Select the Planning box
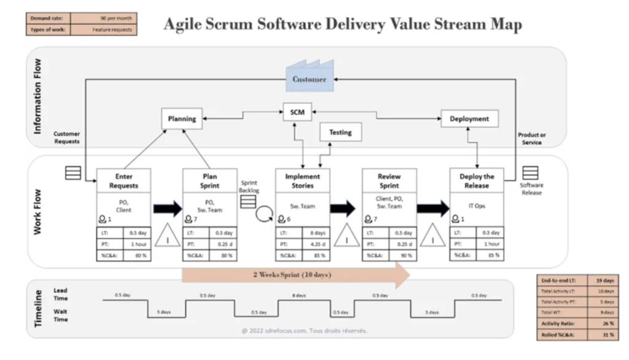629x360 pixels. pos(182,119)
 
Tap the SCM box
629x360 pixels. pos(297,112)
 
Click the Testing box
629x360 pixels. pos(340,132)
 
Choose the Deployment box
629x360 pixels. pos(469,119)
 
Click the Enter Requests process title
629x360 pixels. pos(123,181)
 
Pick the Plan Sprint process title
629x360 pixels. pos(209,181)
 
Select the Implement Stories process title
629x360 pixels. pos(302,181)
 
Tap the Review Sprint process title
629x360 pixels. pos(388,181)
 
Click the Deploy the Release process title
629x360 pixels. pos(476,181)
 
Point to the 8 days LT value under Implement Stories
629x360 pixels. pos(316,233)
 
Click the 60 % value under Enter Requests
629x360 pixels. pos(138,255)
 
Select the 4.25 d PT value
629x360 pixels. pos(316,244)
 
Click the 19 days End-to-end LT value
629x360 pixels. pos(604,280)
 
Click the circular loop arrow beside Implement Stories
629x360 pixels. pos(264,215)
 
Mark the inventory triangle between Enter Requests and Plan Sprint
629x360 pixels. pos(167,237)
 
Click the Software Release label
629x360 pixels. pos(531,189)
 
